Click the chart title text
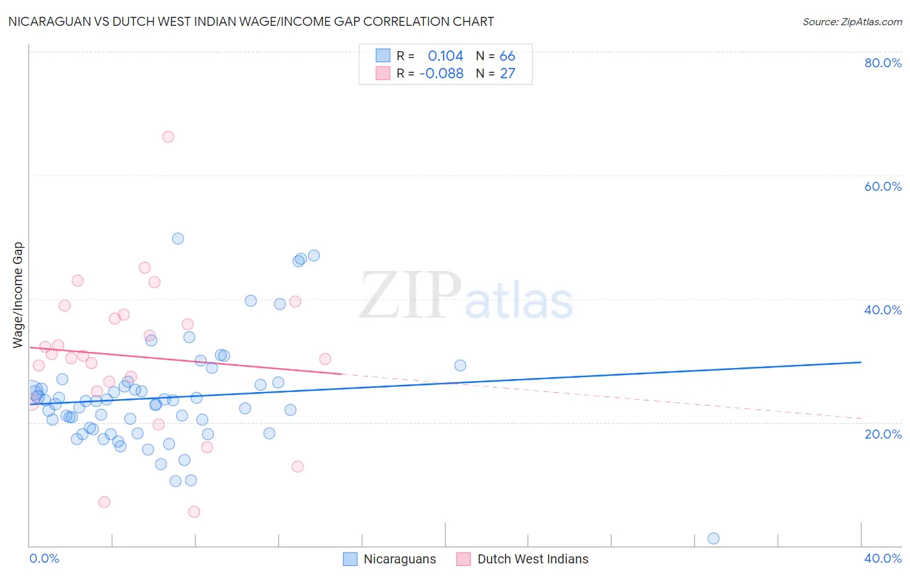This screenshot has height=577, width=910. click(x=251, y=21)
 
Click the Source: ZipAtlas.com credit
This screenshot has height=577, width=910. click(x=852, y=21)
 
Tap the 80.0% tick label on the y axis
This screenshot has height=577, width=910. click(x=883, y=63)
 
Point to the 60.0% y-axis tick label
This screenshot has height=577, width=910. click(x=883, y=186)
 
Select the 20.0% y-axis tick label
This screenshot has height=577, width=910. click(x=883, y=434)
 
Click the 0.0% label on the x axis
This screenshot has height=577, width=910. click(x=44, y=558)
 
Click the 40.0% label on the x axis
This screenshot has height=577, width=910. click(x=883, y=558)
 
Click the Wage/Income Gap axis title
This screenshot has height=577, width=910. click(x=18, y=295)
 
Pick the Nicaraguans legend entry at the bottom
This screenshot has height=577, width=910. click(x=399, y=560)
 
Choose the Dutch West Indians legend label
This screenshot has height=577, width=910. click(x=533, y=560)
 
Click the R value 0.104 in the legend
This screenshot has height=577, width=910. click(x=445, y=56)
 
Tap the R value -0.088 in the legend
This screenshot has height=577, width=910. click(x=441, y=74)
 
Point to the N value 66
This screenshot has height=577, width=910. click(x=507, y=56)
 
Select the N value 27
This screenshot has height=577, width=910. click(x=507, y=74)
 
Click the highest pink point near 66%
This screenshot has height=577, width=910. click(x=168, y=136)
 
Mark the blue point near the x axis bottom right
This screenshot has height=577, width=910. click(x=713, y=539)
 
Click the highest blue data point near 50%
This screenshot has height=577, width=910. click(x=178, y=239)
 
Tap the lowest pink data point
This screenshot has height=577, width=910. click(x=194, y=512)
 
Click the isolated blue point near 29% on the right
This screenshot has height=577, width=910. click(x=460, y=365)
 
